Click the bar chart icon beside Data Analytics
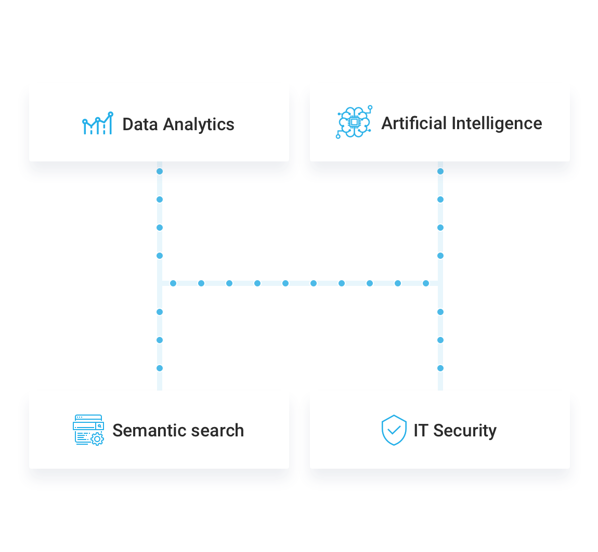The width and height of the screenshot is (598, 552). click(x=98, y=124)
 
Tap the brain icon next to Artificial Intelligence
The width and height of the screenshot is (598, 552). click(x=354, y=123)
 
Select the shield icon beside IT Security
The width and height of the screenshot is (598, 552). click(x=394, y=430)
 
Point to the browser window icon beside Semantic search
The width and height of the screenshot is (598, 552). click(x=88, y=430)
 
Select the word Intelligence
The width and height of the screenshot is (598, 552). click(x=497, y=123)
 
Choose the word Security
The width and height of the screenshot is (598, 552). click(x=465, y=431)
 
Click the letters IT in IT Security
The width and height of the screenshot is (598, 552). click(x=421, y=431)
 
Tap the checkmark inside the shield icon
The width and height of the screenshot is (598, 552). click(x=394, y=430)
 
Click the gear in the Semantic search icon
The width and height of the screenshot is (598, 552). click(x=97, y=439)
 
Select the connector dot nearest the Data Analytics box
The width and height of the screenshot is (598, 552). click(x=160, y=171)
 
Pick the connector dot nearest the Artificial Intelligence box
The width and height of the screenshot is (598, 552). click(x=440, y=171)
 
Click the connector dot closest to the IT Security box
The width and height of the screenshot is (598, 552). click(x=440, y=368)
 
